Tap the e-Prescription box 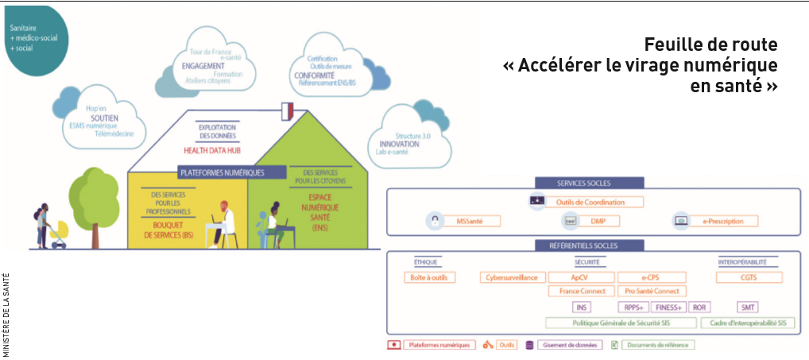pyautogui.click(x=722, y=221)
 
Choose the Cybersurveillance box pyautogui.click(x=513, y=277)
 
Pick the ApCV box pyautogui.click(x=581, y=277)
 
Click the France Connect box pyautogui.click(x=581, y=291)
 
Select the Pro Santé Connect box pyautogui.click(x=651, y=291)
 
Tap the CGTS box pyautogui.click(x=749, y=277)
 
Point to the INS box pyautogui.click(x=581, y=307)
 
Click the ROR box pyautogui.click(x=699, y=307)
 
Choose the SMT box pyautogui.click(x=749, y=307)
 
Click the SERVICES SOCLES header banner pyautogui.click(x=589, y=183)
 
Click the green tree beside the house pyautogui.click(x=93, y=195)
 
